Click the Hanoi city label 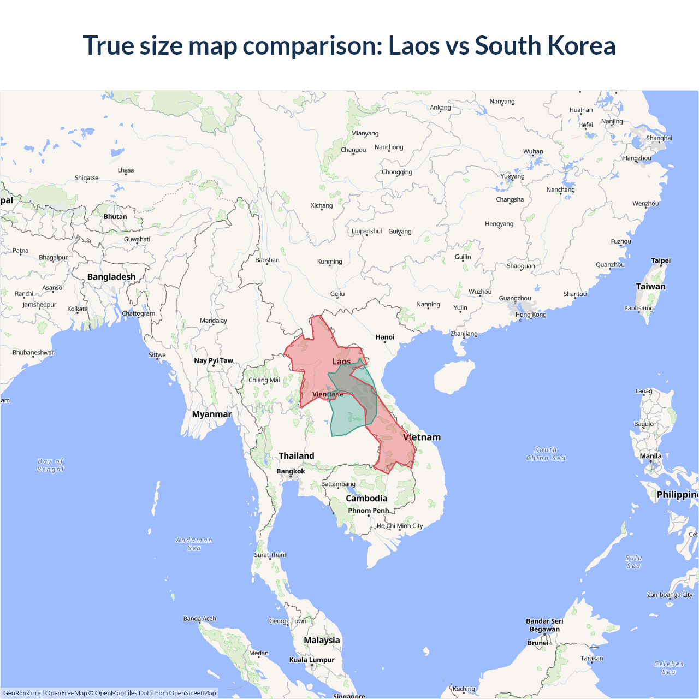pyautogui.click(x=384, y=337)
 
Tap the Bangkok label pyautogui.click(x=291, y=471)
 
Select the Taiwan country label pyautogui.click(x=650, y=286)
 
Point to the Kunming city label pyautogui.click(x=329, y=262)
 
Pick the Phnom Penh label pyautogui.click(x=369, y=511)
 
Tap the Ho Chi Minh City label pyautogui.click(x=400, y=526)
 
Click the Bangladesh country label pyautogui.click(x=111, y=277)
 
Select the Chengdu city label pyautogui.click(x=353, y=150)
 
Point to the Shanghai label pyautogui.click(x=659, y=138)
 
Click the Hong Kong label pyautogui.click(x=530, y=315)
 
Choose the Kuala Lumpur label pyautogui.click(x=312, y=660)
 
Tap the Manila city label pyautogui.click(x=650, y=456)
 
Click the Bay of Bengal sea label pyautogui.click(x=50, y=465)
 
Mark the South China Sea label pyautogui.click(x=546, y=454)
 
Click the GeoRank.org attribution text pyautogui.click(x=22, y=693)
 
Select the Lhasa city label pyautogui.click(x=126, y=170)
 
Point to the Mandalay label pyautogui.click(x=213, y=321)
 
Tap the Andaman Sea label pyautogui.click(x=194, y=544)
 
